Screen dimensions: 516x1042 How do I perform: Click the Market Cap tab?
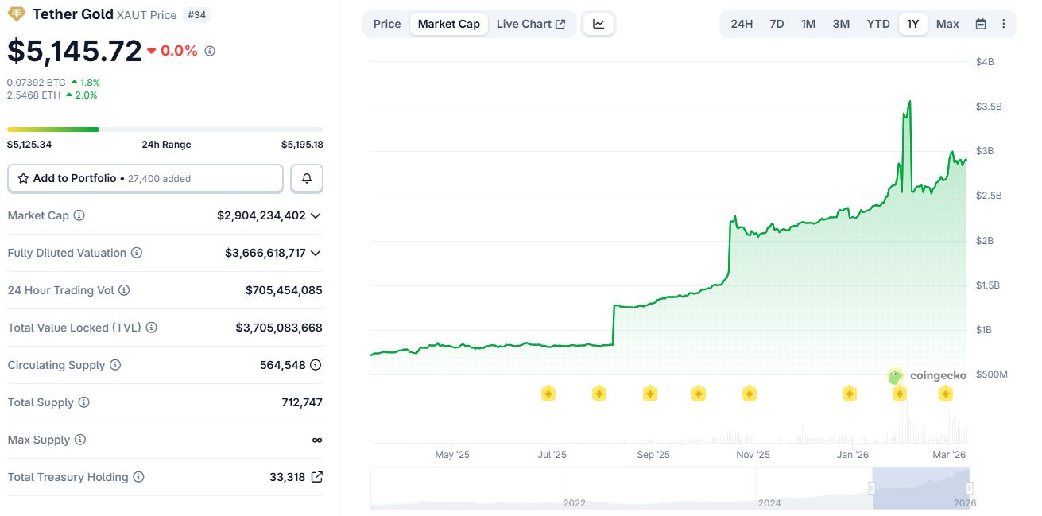(448, 24)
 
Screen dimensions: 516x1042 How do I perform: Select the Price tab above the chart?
(387, 24)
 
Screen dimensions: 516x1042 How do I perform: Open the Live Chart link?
(530, 24)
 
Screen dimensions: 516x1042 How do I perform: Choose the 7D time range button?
(777, 24)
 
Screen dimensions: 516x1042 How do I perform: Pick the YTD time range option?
(877, 24)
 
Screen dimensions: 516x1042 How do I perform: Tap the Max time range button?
(947, 24)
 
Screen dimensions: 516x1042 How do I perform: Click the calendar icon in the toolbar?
(981, 24)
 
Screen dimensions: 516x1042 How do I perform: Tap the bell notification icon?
(307, 179)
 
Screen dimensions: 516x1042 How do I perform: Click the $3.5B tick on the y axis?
(990, 107)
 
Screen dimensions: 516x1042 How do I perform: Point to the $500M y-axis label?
(991, 374)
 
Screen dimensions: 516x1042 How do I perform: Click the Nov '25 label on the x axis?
(753, 455)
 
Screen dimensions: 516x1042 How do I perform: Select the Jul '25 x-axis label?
(552, 455)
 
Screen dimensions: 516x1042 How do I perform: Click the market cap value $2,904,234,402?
(261, 215)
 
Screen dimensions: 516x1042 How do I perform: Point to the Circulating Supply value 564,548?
(282, 365)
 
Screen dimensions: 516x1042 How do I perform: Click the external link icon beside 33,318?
(316, 477)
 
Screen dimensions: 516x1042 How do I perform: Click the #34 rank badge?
(197, 15)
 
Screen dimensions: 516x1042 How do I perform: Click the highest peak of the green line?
(909, 102)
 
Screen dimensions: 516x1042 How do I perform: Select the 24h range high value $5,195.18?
(301, 145)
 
